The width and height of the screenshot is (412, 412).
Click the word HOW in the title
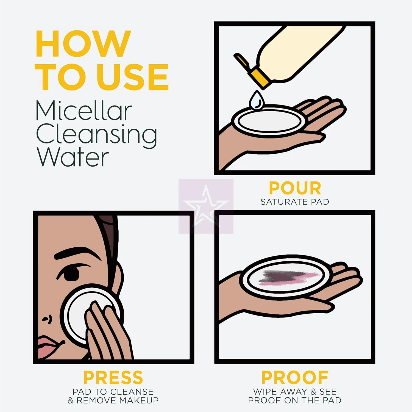pos(83,44)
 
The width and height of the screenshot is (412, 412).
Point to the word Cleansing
pos(97,135)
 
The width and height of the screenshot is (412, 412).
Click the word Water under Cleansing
pos(73,157)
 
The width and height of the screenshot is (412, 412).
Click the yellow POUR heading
pos(295,188)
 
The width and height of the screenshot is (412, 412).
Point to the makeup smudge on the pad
pos(288,277)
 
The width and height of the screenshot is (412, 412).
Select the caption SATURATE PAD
pos(295,202)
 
